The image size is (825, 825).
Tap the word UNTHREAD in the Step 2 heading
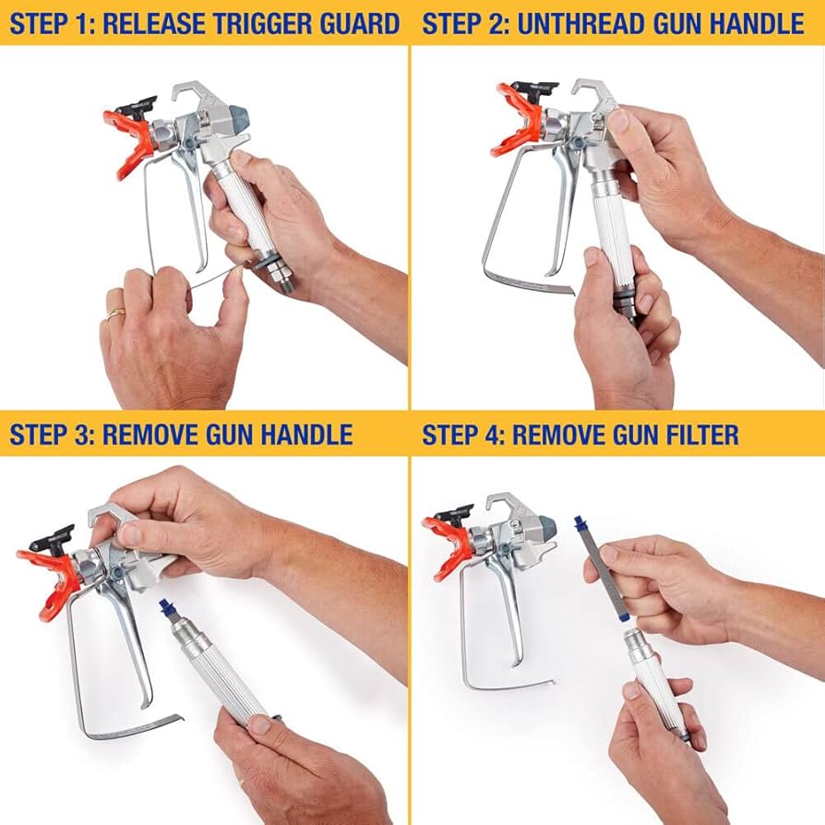pyautogui.click(x=580, y=23)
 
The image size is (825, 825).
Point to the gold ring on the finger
pyautogui.click(x=114, y=314)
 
